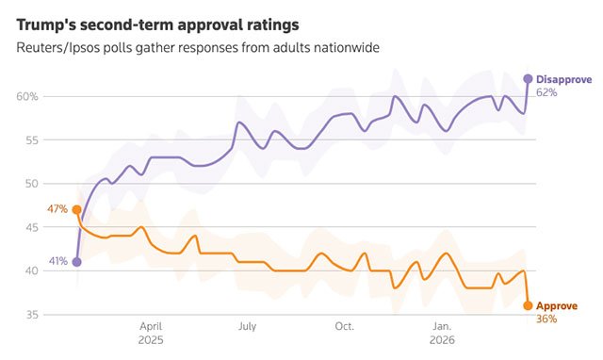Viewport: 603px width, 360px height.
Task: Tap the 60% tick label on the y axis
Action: click(27, 96)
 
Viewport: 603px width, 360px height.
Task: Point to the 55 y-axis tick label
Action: click(31, 140)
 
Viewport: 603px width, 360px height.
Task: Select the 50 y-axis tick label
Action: click(31, 184)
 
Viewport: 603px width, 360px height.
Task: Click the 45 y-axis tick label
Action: click(31, 227)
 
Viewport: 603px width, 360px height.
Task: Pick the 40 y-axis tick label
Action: click(31, 270)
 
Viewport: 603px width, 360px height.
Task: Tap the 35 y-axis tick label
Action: click(31, 315)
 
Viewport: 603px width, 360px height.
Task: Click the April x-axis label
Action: click(151, 327)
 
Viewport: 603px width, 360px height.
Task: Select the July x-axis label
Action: click(247, 326)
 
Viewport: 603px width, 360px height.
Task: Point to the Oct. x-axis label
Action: click(345, 326)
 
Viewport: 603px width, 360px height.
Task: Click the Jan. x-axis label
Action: click(442, 326)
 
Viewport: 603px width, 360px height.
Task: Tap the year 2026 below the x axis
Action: click(442, 340)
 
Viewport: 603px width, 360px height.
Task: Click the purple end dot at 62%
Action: click(528, 79)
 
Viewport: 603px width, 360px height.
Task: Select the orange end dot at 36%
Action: click(528, 305)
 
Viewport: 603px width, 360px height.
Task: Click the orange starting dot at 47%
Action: click(77, 209)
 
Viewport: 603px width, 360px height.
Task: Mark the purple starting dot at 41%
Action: click(77, 262)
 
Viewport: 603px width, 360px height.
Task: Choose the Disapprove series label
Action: click(564, 79)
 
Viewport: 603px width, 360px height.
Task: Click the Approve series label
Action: click(557, 306)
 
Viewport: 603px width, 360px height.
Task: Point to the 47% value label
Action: click(57, 209)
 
